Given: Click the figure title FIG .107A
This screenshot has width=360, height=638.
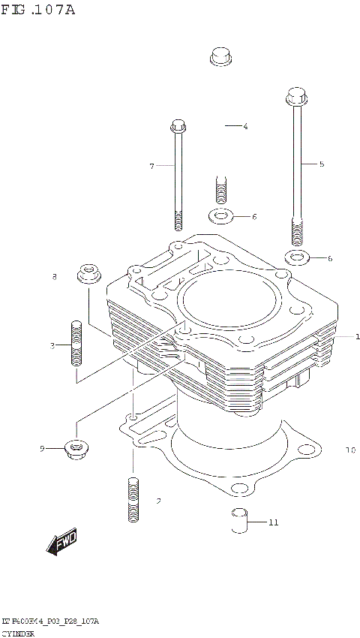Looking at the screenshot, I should (37, 10).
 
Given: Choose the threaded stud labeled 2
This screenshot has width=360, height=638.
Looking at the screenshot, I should (133, 500).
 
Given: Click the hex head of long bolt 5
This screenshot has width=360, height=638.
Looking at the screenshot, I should (295, 98).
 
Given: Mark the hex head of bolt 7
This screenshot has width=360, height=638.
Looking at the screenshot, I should (178, 125).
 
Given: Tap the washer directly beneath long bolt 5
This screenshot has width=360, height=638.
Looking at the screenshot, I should (298, 259).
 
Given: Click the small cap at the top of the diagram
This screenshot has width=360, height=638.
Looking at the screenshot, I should (220, 56).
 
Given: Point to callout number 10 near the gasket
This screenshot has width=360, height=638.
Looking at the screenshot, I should (349, 451).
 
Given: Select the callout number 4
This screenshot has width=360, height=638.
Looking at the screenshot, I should (245, 127).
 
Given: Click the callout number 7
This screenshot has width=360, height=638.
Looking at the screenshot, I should (151, 166).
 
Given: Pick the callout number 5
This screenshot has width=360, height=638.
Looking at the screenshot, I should (322, 164).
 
